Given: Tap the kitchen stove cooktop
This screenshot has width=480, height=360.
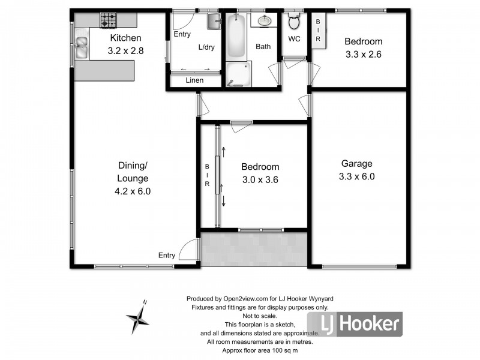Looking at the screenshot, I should (109, 20).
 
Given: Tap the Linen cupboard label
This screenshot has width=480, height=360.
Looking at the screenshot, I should (194, 80).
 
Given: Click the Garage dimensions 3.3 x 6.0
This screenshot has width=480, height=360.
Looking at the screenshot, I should (357, 176).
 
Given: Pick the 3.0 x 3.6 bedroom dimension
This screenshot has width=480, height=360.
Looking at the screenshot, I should (260, 179).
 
